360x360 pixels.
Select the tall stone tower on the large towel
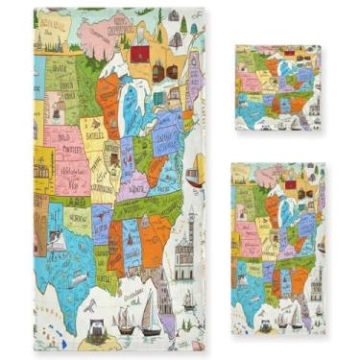point(184,245)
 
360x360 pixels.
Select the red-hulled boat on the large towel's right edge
point(195,177)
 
